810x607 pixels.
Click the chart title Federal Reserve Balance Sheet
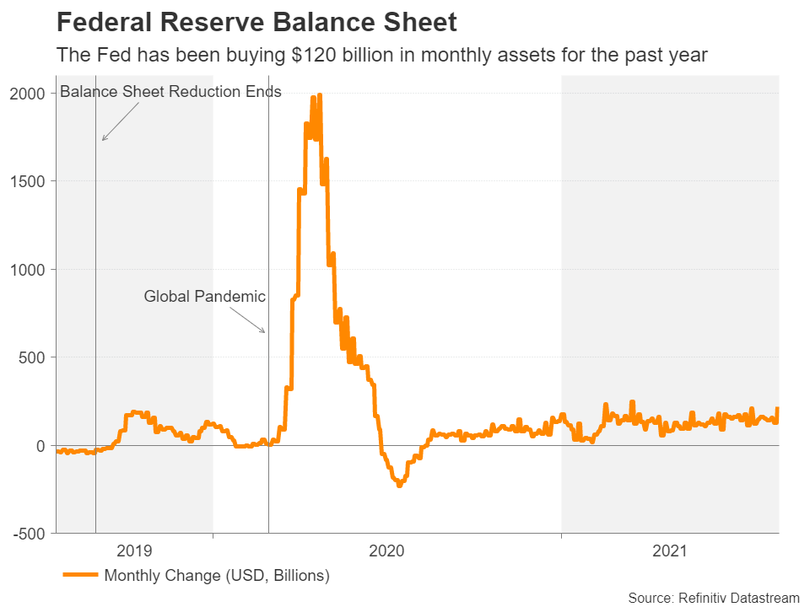[x=256, y=22]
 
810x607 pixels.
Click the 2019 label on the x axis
[x=134, y=551]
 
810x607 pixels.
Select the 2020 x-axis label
[x=387, y=551]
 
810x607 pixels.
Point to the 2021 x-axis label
[x=670, y=551]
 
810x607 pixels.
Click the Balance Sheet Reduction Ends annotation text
[x=170, y=91]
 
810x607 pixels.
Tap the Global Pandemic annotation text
[x=205, y=296]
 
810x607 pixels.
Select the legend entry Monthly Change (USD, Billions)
[x=216, y=576]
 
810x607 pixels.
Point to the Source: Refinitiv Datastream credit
[x=713, y=597]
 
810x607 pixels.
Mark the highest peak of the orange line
[x=319, y=95]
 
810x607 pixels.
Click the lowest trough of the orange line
[x=399, y=486]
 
